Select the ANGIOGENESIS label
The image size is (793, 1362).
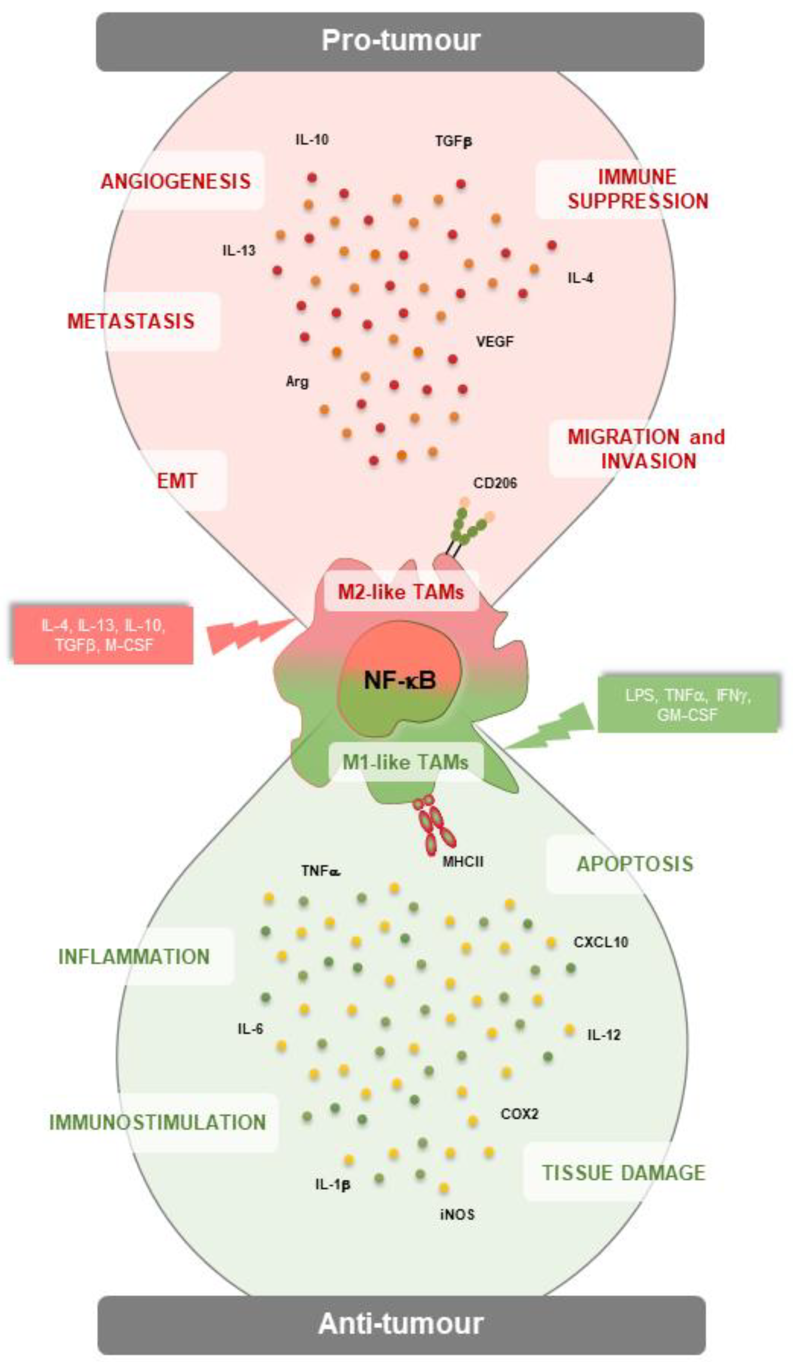[x=176, y=181]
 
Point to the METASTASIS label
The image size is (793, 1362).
[x=131, y=321]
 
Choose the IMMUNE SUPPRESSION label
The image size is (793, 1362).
[x=637, y=189]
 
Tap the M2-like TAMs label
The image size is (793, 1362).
[x=400, y=592]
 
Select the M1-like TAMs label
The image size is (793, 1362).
[x=405, y=762]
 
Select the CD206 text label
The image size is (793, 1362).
[x=494, y=482]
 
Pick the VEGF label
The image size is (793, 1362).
[x=494, y=341]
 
